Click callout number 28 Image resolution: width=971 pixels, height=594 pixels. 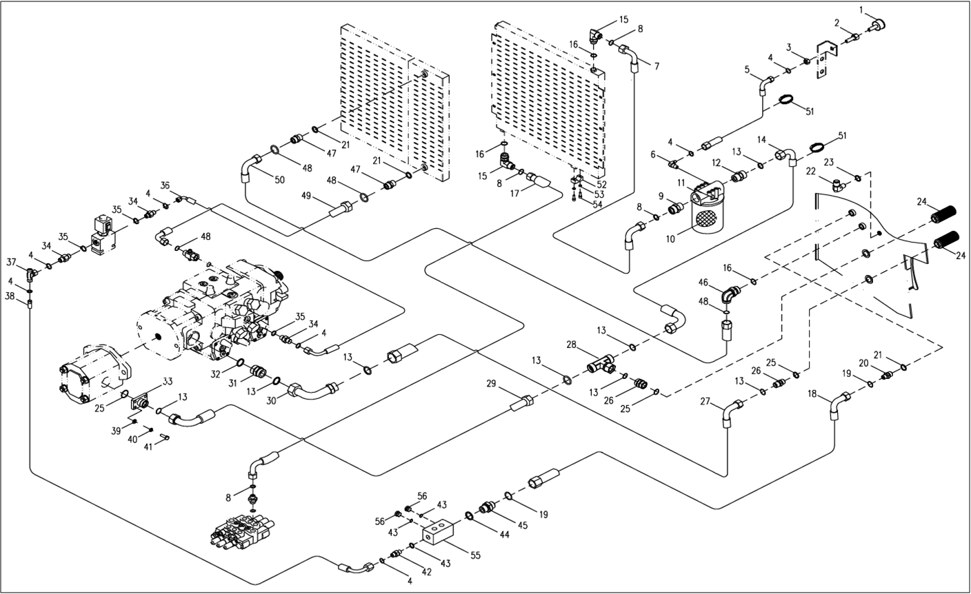571,343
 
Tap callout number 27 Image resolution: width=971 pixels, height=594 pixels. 705,401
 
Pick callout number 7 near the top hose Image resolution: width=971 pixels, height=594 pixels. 656,66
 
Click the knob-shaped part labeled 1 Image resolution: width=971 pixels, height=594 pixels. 877,26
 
